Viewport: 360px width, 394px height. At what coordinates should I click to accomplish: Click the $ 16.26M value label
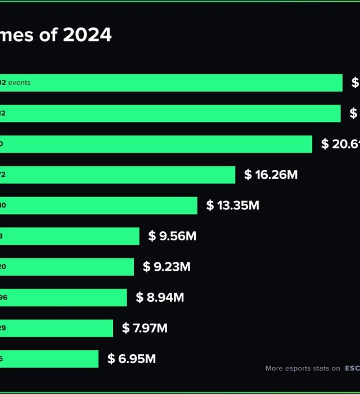(x=271, y=174)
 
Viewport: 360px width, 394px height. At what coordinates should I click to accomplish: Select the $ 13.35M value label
(x=233, y=205)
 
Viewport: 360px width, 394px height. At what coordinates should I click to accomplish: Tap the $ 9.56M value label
(x=172, y=236)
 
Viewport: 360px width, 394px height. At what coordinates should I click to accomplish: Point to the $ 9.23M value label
(x=166, y=267)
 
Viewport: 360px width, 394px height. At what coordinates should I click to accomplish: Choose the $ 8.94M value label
(x=160, y=297)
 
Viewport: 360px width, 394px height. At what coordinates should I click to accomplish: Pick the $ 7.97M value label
(x=145, y=328)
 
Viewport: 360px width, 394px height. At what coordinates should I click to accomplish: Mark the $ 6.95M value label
(x=132, y=359)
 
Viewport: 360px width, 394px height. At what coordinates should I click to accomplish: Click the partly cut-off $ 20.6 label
(x=340, y=144)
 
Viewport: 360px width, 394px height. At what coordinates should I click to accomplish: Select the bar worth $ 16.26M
(x=118, y=174)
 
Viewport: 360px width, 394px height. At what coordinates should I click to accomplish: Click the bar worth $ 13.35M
(x=98, y=205)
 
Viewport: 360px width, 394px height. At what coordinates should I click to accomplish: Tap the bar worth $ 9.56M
(x=70, y=236)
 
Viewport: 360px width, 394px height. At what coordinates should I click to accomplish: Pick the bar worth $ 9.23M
(x=67, y=267)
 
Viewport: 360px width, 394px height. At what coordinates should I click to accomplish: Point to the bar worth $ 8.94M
(x=64, y=297)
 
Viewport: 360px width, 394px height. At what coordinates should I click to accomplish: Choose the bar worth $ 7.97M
(x=56, y=328)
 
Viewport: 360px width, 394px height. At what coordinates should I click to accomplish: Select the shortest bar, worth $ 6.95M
(x=49, y=359)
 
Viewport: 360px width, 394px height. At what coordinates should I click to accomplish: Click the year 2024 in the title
(x=87, y=35)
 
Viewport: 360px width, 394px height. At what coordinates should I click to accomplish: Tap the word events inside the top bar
(x=20, y=83)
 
